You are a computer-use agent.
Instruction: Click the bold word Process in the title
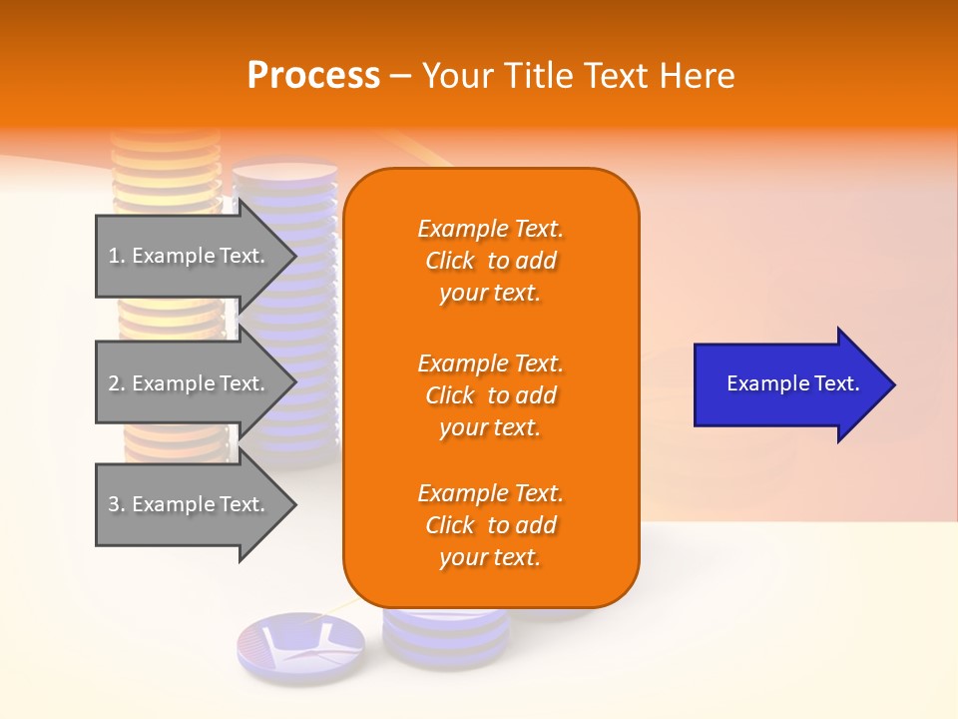point(313,76)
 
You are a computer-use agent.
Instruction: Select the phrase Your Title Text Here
point(578,76)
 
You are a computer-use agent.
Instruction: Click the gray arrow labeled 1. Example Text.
point(190,256)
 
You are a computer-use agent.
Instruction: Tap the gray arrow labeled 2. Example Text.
point(190,383)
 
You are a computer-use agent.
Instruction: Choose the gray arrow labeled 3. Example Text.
point(190,504)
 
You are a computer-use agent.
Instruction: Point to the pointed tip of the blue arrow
point(893,384)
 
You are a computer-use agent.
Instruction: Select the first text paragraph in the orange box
point(490,261)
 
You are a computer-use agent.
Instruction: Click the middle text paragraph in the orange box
point(490,395)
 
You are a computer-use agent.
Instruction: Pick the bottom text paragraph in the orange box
point(490,525)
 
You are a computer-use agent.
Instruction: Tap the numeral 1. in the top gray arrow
point(117,256)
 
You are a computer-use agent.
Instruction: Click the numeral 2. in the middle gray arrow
point(117,383)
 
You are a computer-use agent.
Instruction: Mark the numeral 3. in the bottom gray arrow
point(117,504)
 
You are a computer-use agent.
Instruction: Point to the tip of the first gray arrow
point(294,256)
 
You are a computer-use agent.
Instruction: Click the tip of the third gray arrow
point(294,504)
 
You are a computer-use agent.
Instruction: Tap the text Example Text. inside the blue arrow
point(793,383)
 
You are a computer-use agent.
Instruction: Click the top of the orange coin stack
point(166,138)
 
